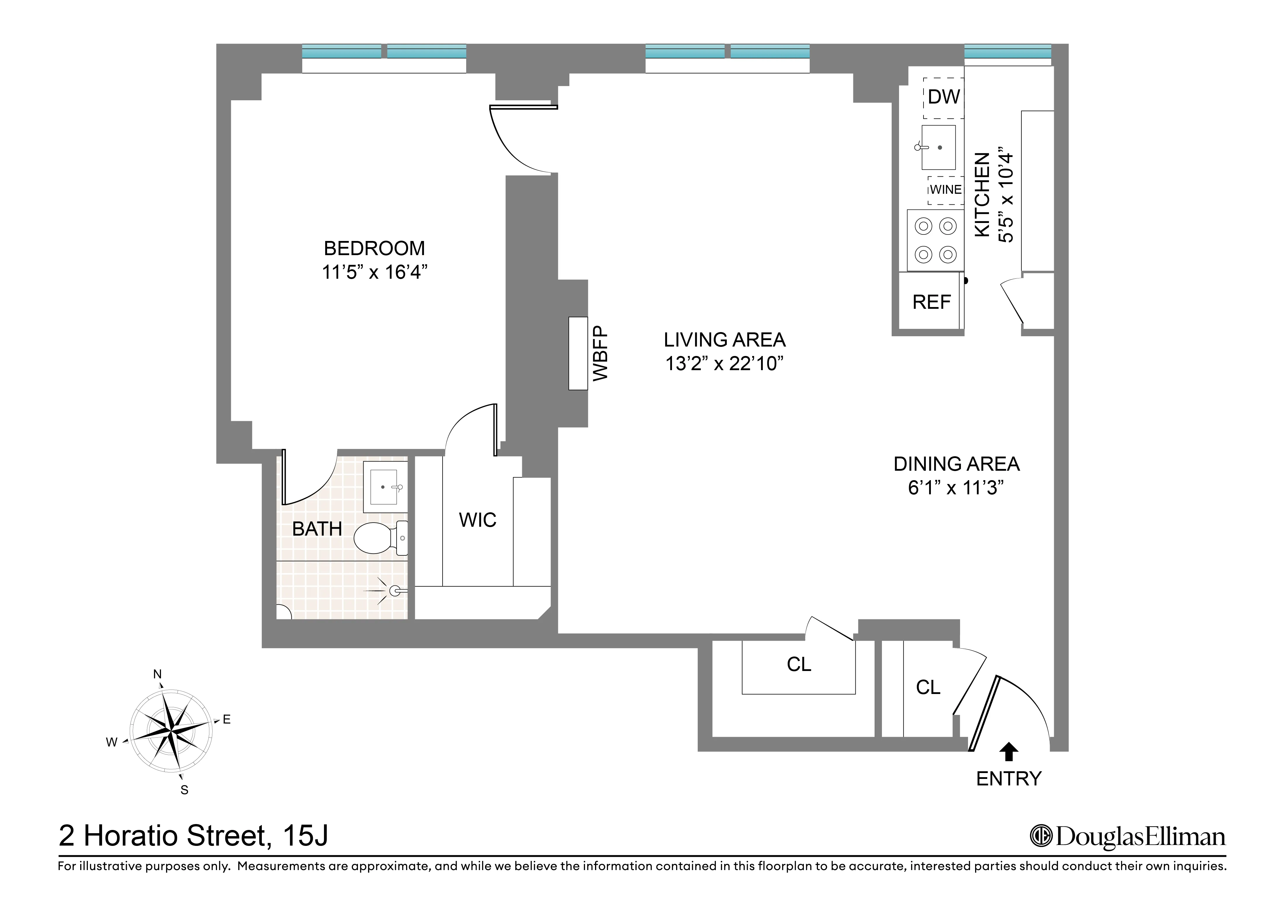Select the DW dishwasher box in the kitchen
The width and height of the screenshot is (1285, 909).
[944, 97]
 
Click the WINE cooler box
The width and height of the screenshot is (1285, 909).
[945, 190]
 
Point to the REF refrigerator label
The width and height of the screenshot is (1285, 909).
[931, 302]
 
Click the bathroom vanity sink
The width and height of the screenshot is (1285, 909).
[384, 487]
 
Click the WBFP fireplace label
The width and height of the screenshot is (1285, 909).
[600, 353]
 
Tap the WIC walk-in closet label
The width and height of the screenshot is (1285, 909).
[477, 520]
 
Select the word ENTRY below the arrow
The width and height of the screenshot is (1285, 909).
[1008, 779]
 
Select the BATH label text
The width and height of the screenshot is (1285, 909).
[317, 529]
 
